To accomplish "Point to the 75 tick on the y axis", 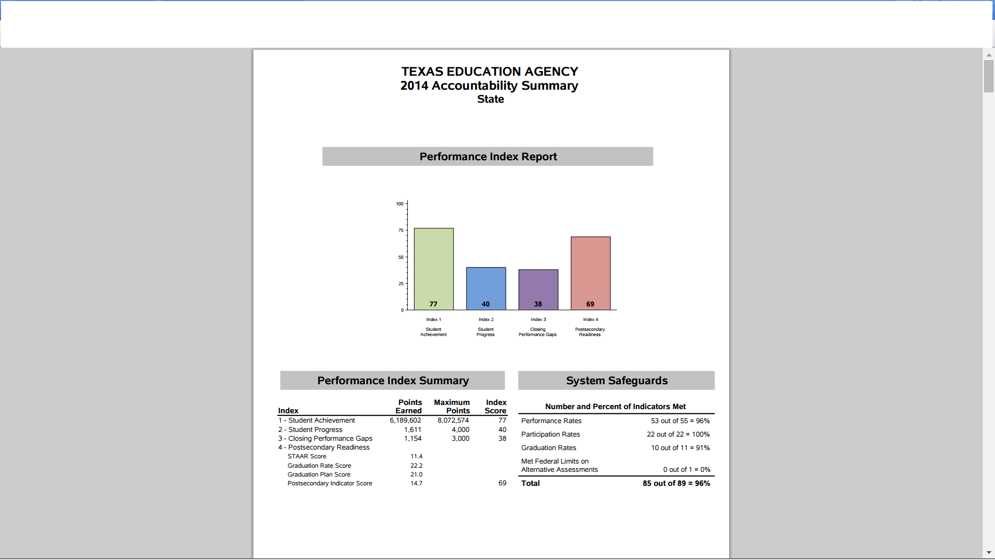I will [401, 230].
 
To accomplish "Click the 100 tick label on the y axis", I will [400, 204].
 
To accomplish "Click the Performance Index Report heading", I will [488, 157].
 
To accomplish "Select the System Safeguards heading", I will [617, 381].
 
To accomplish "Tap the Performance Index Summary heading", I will [393, 381].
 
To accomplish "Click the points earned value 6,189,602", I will [405, 421].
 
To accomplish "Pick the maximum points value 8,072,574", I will [453, 421].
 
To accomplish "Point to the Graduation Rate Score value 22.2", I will [416, 466].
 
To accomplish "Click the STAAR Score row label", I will [307, 456].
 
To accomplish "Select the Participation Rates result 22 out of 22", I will [678, 435].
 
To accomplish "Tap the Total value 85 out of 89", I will [676, 483].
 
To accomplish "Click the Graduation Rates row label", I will [548, 448].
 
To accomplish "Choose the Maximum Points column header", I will [452, 407].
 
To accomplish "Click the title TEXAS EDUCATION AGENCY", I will [489, 72].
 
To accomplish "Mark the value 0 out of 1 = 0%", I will [687, 470].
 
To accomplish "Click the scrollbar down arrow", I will [989, 553].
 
